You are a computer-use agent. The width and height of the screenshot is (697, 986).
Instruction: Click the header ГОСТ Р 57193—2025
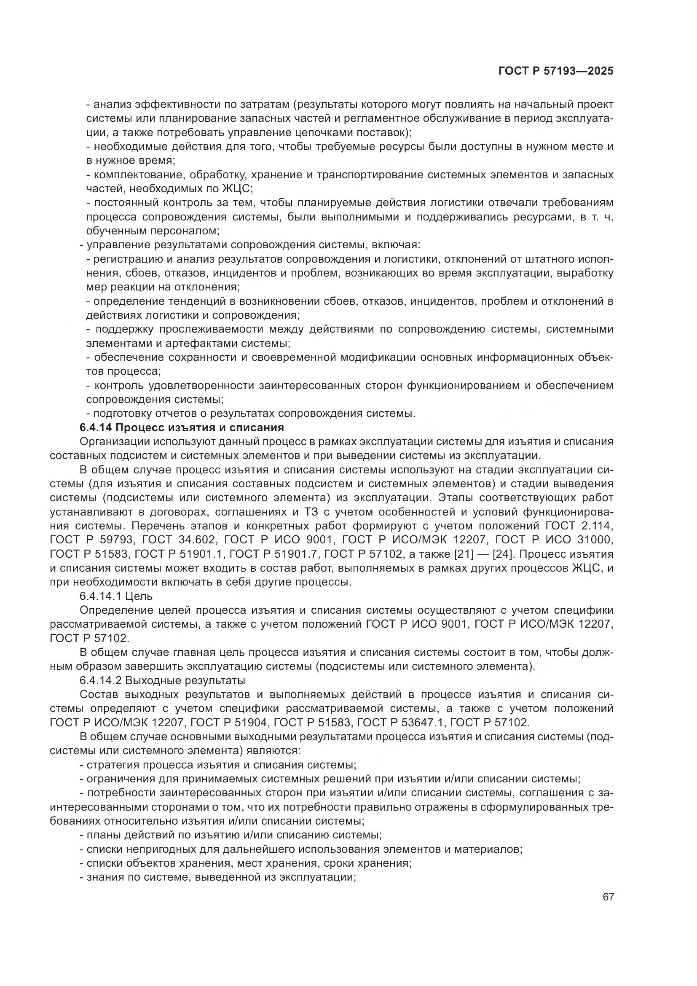555,71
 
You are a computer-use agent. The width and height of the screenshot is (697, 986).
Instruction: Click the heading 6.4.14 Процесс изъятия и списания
182,428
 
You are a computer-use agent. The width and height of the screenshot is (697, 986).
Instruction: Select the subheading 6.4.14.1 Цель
116,596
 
